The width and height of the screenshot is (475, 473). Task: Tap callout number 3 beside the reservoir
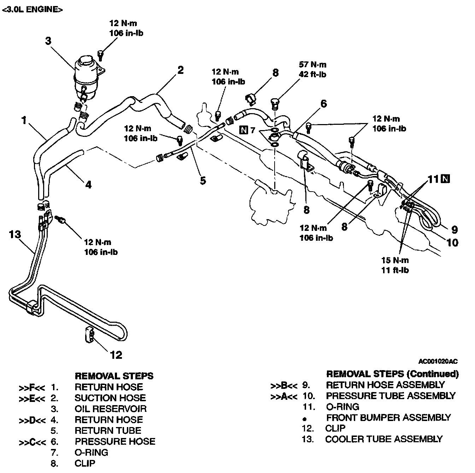pyautogui.click(x=48, y=41)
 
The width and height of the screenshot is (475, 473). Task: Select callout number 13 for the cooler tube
pyautogui.click(x=15, y=234)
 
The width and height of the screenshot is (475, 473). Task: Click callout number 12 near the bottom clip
pyautogui.click(x=116, y=355)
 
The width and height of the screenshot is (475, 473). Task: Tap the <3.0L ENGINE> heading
pyautogui.click(x=33, y=10)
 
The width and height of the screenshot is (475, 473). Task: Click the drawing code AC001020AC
pyautogui.click(x=438, y=361)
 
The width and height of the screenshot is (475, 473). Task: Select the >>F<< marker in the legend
pyautogui.click(x=31, y=387)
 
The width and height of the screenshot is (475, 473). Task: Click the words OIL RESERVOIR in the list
pyautogui.click(x=110, y=409)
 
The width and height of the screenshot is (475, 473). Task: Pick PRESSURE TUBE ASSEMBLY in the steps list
pyautogui.click(x=391, y=396)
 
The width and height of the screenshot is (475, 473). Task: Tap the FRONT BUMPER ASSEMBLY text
pyautogui.click(x=388, y=418)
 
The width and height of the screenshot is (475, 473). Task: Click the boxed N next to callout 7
pyautogui.click(x=244, y=130)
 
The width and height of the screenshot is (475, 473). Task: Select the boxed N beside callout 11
pyautogui.click(x=446, y=179)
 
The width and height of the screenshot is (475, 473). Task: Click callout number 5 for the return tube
pyautogui.click(x=203, y=180)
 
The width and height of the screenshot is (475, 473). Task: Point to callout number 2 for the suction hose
pyautogui.click(x=181, y=70)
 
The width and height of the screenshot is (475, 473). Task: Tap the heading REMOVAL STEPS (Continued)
pyautogui.click(x=392, y=374)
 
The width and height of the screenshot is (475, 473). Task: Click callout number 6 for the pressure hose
pyautogui.click(x=324, y=104)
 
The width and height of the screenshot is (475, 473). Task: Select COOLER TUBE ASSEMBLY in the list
pyautogui.click(x=383, y=439)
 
